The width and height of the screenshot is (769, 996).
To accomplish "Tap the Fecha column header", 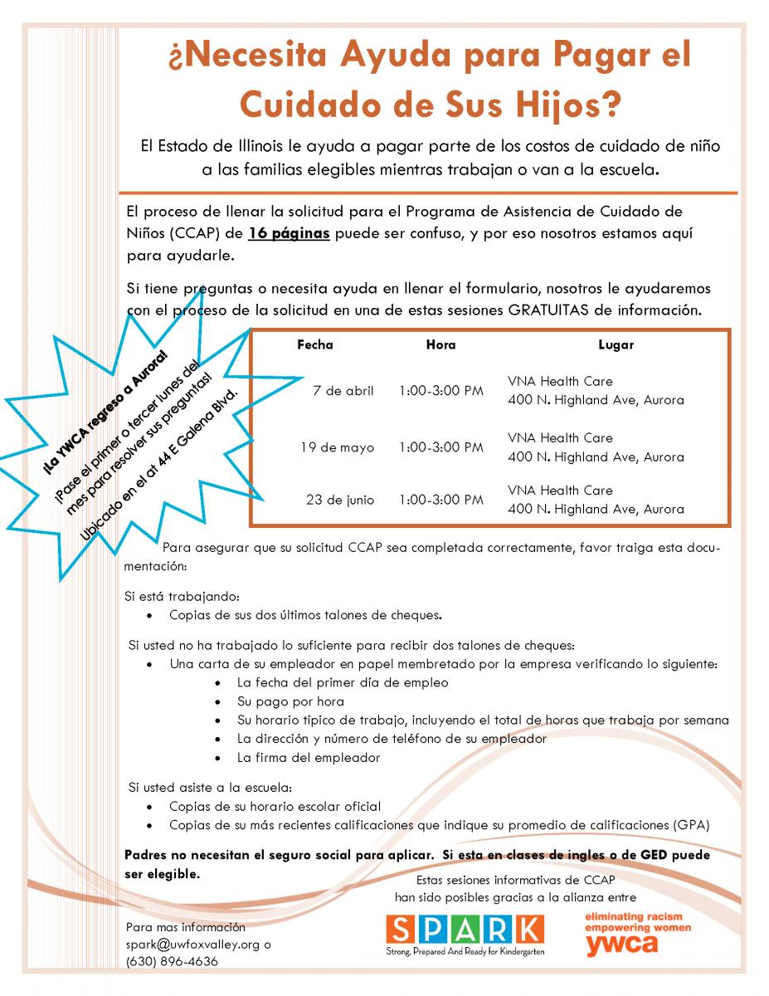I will (314, 344).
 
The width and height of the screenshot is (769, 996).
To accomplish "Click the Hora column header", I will (440, 344).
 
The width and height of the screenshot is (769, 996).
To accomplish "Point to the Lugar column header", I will (616, 344).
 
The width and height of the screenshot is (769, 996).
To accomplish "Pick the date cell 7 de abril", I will (343, 391).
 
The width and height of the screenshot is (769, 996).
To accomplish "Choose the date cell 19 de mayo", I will (337, 447).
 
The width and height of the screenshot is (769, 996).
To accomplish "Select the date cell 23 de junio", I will (339, 500).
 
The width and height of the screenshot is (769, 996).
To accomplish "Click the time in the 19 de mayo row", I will (440, 447).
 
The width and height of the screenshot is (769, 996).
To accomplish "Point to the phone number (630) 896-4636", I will (173, 962).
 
